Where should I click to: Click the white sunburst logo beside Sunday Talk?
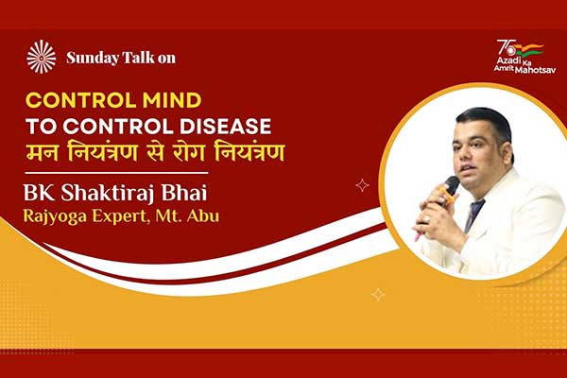point(42,57)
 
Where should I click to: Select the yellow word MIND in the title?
point(172,100)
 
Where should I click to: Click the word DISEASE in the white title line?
point(225,127)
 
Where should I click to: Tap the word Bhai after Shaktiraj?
point(184,193)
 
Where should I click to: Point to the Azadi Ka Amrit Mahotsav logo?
point(525,57)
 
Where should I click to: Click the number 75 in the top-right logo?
point(507,47)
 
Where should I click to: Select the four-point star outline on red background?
point(362,185)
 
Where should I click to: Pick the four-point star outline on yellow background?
point(378,295)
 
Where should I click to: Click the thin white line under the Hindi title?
point(116,173)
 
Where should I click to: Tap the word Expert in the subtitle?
point(121,216)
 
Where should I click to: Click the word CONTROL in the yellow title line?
point(81,100)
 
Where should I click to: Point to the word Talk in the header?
point(138,58)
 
